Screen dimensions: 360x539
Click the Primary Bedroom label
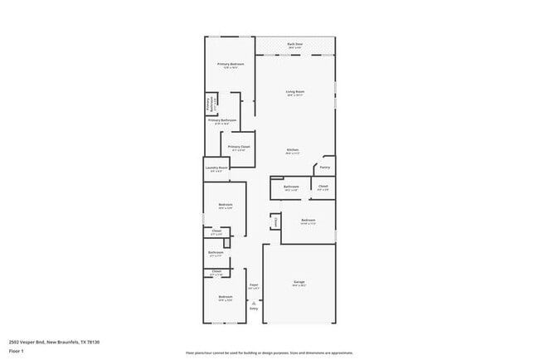click(x=230, y=65)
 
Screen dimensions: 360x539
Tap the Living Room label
click(x=294, y=92)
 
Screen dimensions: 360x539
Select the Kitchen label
click(x=294, y=150)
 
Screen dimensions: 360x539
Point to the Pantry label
click(x=324, y=167)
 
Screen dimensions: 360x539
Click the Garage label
click(x=299, y=282)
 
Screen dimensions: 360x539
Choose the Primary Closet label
click(x=239, y=147)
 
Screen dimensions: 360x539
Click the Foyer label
click(x=254, y=285)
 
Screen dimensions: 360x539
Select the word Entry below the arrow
click(x=254, y=309)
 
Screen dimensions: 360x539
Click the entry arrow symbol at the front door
click(x=254, y=302)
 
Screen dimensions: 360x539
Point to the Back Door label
click(x=294, y=44)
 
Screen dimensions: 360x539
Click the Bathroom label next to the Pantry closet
click(x=290, y=187)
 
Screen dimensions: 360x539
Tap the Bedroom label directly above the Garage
click(x=308, y=220)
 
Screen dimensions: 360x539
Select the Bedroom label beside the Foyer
click(x=225, y=296)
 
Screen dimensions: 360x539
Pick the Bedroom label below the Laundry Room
click(x=225, y=205)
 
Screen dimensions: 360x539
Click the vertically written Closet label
click(x=274, y=221)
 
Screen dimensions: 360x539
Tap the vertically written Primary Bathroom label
click(x=211, y=105)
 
